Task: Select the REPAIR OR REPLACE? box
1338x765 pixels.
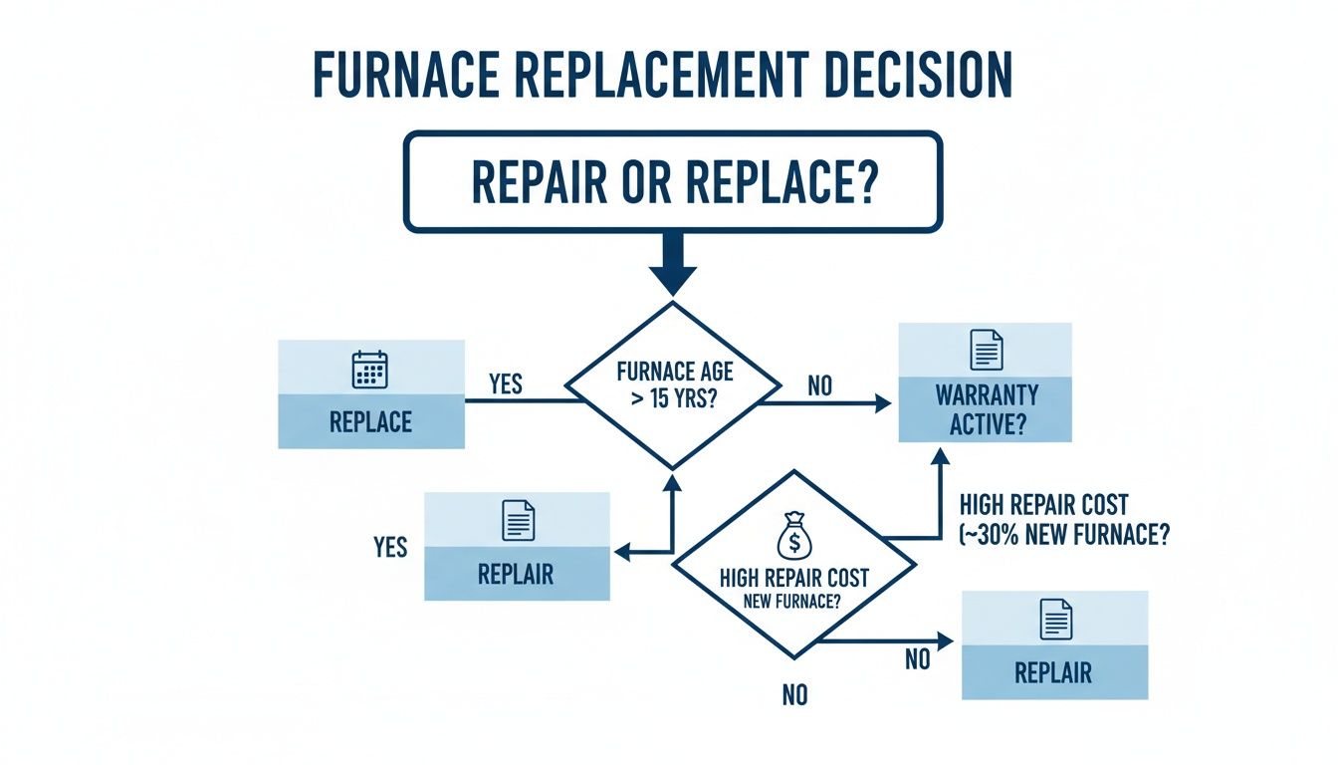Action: (x=672, y=181)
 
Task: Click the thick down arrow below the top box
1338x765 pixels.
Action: (x=672, y=265)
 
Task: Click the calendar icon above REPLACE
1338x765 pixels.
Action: (x=370, y=370)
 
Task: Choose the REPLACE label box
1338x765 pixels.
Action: (x=370, y=420)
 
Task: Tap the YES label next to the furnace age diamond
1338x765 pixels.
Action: (x=506, y=383)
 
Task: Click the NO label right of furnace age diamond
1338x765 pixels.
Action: (x=819, y=385)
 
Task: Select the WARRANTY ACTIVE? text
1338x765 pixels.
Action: (x=985, y=409)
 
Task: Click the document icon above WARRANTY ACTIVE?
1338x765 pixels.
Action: (x=985, y=351)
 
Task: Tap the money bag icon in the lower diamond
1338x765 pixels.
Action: (x=793, y=539)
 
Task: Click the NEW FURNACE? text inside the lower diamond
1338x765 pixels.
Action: (x=793, y=602)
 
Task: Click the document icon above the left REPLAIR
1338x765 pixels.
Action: (x=517, y=520)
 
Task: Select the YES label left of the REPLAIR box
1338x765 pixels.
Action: (x=389, y=547)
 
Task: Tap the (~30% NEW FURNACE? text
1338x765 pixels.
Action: (x=1063, y=534)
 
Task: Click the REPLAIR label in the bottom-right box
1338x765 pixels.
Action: (x=1053, y=672)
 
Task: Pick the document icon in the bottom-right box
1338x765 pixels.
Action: (x=1054, y=619)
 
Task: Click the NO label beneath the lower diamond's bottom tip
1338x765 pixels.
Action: (x=793, y=695)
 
